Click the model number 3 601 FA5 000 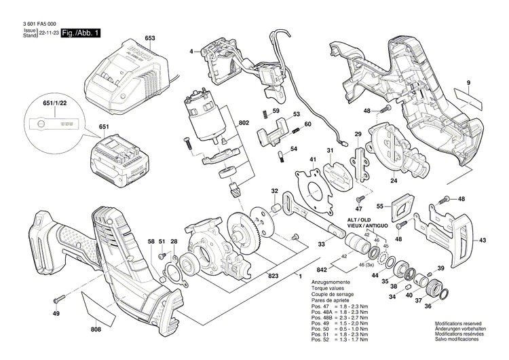[33, 23]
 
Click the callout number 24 [394, 181]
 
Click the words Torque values [327, 287]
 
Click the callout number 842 [321, 269]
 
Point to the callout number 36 [428, 306]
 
